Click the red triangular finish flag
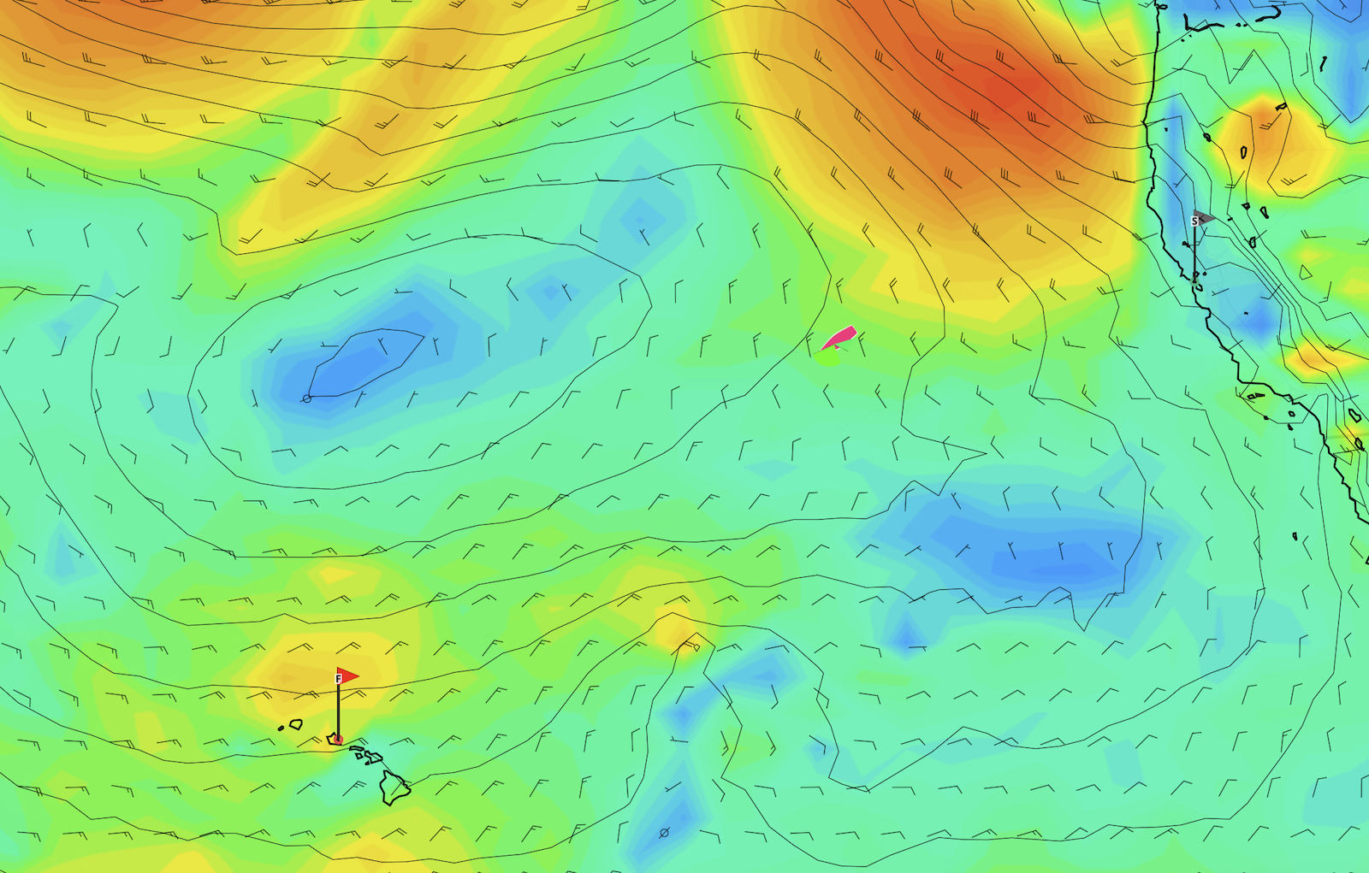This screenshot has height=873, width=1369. coord(347,675)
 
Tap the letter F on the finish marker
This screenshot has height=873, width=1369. coord(339,679)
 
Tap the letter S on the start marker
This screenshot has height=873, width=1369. coord(1194,221)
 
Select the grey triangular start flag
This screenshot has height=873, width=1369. coord(1204,216)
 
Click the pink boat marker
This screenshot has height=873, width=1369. coord(840,338)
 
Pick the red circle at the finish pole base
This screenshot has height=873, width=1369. coord(338,739)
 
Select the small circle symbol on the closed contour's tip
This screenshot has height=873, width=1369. coord(307,398)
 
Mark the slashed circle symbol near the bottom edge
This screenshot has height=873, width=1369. coord(664,832)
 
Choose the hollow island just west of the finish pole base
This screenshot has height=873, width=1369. coord(296,724)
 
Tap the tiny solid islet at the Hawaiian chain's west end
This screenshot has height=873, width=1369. coord(281,728)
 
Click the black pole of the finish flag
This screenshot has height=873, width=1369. coord(338,710)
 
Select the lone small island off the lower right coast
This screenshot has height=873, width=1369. coord(1295,536)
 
